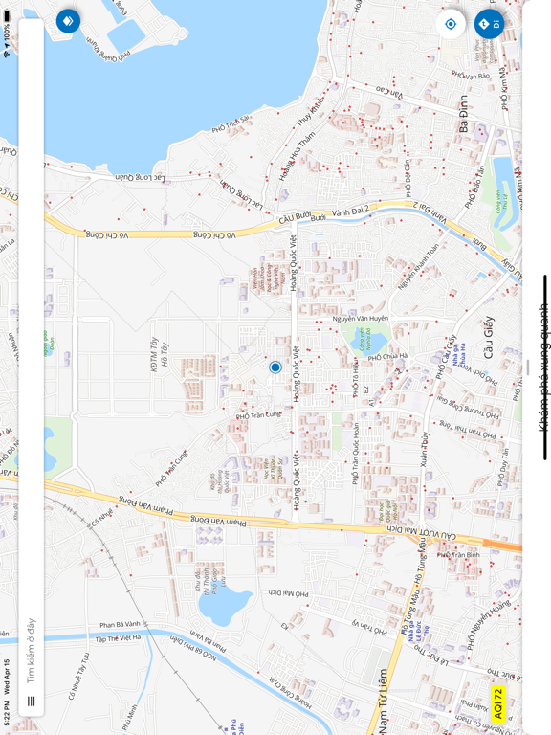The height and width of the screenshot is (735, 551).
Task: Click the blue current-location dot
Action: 275,367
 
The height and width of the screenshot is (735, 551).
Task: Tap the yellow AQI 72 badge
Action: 497,703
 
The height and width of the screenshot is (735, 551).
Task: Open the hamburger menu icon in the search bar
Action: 31,702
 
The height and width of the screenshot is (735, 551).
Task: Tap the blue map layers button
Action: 68,20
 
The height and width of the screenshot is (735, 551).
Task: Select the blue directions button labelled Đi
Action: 489,23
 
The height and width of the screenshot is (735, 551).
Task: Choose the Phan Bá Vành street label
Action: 120,624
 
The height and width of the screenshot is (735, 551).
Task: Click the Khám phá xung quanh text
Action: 543,367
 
